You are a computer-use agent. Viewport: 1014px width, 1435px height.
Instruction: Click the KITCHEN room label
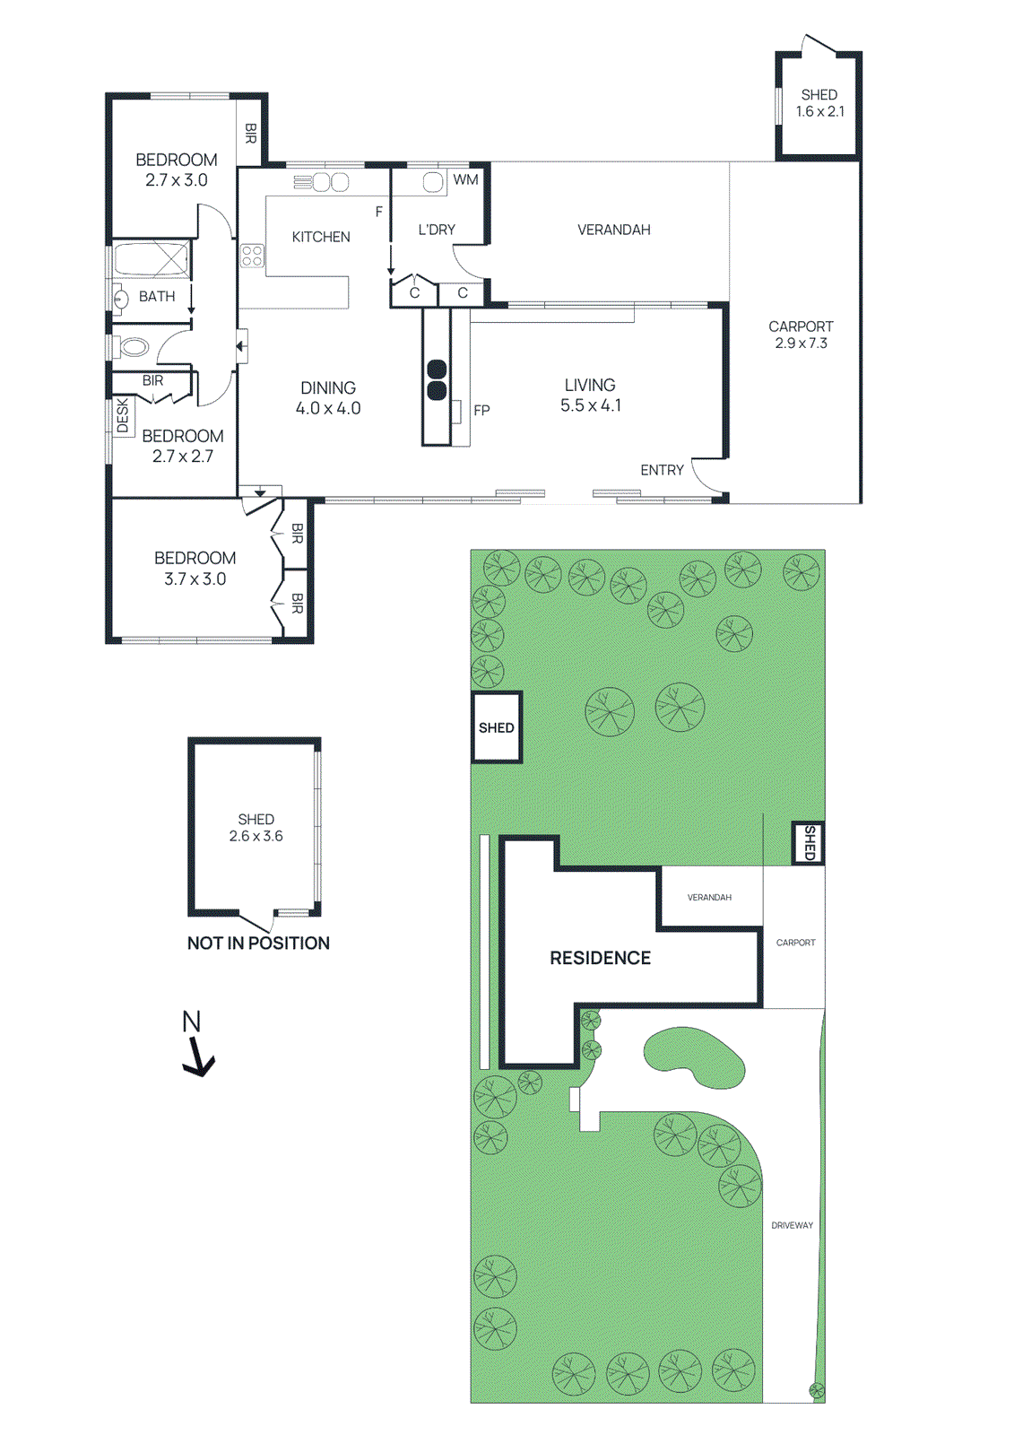tap(320, 237)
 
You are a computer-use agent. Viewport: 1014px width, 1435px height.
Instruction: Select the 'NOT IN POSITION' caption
tap(258, 943)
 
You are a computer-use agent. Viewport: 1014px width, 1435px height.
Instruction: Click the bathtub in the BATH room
tap(151, 259)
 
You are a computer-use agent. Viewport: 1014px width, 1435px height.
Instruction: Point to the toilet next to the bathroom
tap(134, 346)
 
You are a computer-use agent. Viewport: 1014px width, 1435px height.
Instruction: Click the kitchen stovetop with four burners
tap(252, 256)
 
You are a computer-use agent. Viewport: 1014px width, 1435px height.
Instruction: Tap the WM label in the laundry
tap(465, 179)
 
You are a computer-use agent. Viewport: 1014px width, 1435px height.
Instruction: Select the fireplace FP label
tap(481, 410)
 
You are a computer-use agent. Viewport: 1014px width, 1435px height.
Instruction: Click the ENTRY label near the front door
tap(662, 470)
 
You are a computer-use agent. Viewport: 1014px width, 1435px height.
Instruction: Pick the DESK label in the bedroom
tap(123, 417)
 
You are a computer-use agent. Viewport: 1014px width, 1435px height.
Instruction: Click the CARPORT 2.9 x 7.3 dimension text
tap(801, 343)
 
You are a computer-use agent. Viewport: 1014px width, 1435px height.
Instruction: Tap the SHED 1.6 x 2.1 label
tap(819, 103)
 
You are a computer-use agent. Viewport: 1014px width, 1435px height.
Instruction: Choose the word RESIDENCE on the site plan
tap(600, 958)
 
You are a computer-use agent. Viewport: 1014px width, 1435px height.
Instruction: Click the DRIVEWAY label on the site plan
tap(792, 1225)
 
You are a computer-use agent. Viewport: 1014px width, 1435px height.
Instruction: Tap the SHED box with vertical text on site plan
tap(809, 843)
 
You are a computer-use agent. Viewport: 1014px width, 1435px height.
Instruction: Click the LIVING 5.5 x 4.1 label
tap(590, 395)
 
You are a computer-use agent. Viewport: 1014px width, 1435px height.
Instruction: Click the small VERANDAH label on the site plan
tap(709, 897)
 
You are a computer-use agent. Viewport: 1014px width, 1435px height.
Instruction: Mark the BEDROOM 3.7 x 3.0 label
tap(195, 569)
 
